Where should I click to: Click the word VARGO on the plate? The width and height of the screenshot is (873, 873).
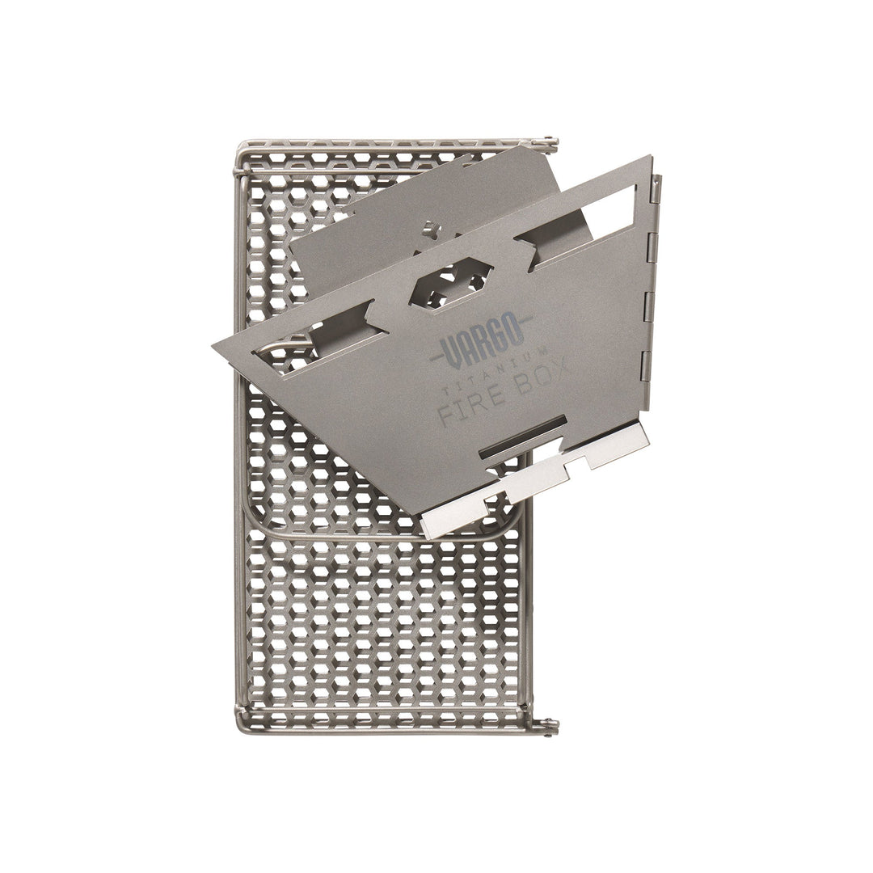tap(483, 337)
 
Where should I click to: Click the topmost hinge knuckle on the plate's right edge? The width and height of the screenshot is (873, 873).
tap(656, 189)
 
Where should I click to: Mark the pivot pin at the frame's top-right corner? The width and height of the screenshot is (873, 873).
tap(553, 143)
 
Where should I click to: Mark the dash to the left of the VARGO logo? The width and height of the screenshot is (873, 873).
tap(441, 356)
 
